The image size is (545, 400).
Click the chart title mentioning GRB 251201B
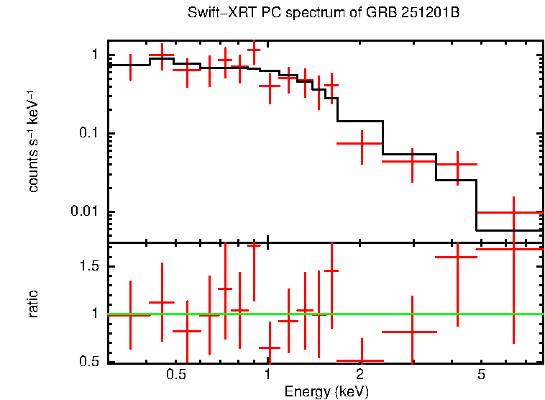pyautogui.click(x=323, y=14)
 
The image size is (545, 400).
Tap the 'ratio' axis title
pyautogui.click(x=33, y=303)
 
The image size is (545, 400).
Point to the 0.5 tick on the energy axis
pyautogui.click(x=176, y=375)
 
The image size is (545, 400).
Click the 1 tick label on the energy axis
pyautogui.click(x=267, y=375)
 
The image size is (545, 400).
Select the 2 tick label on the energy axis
pyautogui.click(x=359, y=375)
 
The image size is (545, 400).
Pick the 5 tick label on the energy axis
pyautogui.click(x=481, y=375)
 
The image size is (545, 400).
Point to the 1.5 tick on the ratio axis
pyautogui.click(x=88, y=266)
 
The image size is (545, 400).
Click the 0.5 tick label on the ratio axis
pyautogui.click(x=88, y=361)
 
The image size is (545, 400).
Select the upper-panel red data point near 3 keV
pyautogui.click(x=412, y=162)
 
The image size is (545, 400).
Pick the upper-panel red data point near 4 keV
pyautogui.click(x=457, y=165)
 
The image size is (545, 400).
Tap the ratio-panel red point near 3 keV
pyautogui.click(x=412, y=332)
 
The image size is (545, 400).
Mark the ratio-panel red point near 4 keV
pyautogui.click(x=457, y=257)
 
